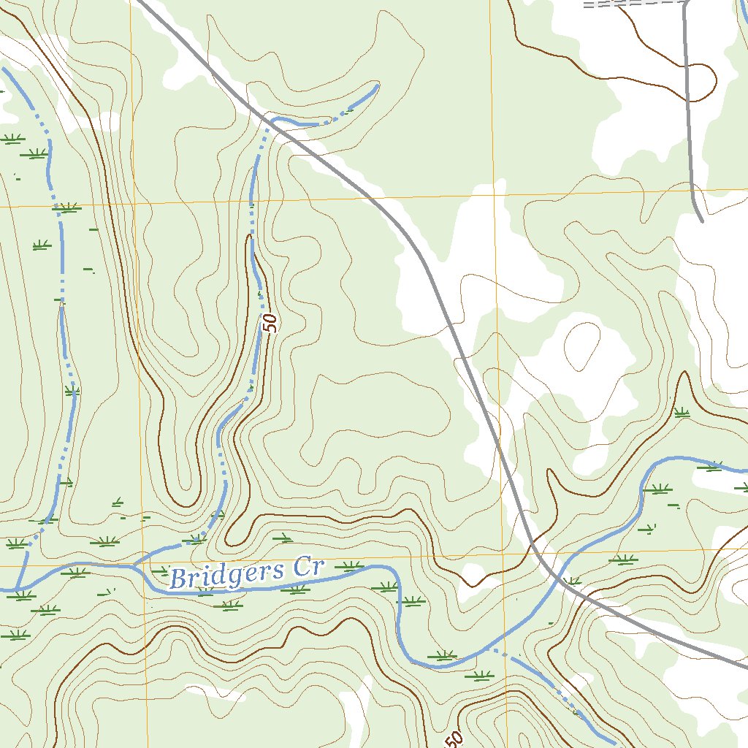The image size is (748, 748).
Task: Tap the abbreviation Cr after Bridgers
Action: [x=307, y=567]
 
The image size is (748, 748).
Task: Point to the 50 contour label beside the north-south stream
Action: [x=271, y=322]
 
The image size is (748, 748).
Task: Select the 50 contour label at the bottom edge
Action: [x=453, y=740]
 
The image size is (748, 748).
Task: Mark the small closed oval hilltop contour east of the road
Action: [x=583, y=341]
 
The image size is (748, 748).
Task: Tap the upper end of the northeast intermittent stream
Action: [x=377, y=85]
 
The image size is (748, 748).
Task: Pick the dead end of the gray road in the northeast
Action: [x=701, y=220]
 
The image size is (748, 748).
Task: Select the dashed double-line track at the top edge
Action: [x=628, y=4]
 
